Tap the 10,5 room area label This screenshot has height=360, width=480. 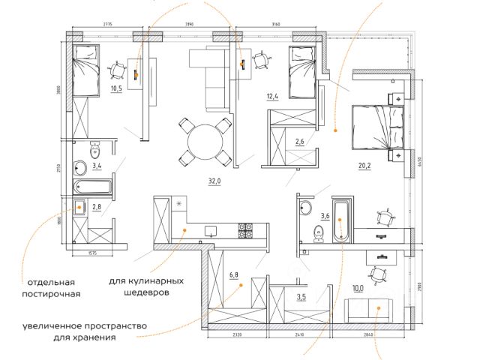116,87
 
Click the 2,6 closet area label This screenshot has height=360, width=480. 299,141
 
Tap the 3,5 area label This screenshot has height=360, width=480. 301,297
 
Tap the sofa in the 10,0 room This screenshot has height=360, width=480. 367,310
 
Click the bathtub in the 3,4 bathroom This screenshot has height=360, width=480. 93,187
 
